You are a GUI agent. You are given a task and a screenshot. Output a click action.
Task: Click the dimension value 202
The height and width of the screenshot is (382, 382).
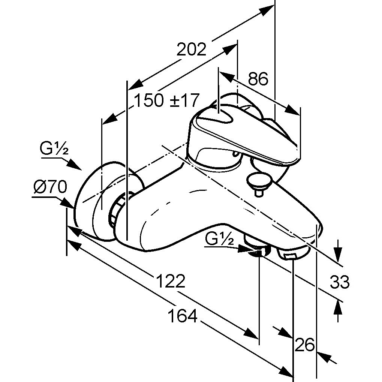pos(191,49)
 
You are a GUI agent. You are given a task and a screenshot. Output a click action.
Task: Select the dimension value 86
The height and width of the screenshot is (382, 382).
pos(258,79)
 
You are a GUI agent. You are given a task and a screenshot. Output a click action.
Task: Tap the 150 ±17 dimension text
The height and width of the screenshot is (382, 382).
pos(167,100)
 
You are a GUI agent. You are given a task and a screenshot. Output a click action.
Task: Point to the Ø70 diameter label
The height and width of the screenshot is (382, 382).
pos(50,187)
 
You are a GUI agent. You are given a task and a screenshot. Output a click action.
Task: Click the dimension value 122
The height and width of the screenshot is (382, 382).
pos(170,281)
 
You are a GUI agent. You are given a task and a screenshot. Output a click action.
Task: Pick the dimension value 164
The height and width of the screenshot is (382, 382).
pos(183,316)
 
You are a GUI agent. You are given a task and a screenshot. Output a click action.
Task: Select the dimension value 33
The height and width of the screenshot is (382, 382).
pos(340,282)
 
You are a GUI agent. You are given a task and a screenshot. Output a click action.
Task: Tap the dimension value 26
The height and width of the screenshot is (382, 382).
pos(304,345)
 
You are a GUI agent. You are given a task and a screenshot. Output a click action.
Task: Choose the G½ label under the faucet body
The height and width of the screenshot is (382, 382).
pos(219,239)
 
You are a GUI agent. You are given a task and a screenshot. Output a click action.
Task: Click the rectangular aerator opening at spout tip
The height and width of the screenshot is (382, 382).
pos(289,256)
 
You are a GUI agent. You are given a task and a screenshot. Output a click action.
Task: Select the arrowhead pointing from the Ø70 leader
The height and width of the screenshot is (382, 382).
pos(67,202)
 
